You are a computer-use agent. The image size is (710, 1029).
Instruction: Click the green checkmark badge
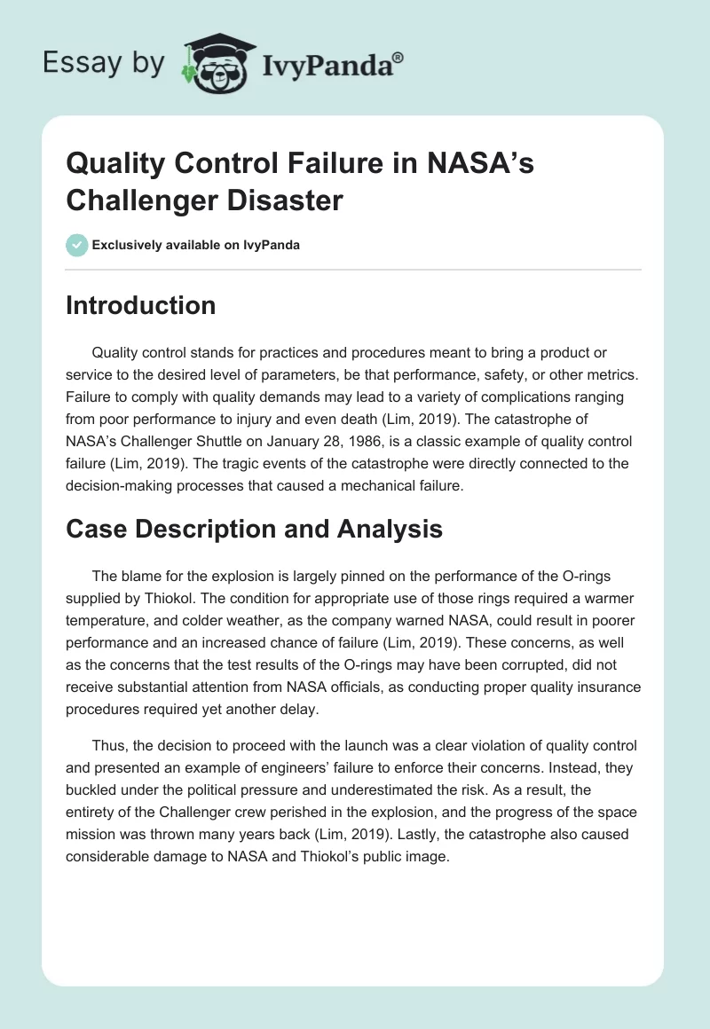pos(78,245)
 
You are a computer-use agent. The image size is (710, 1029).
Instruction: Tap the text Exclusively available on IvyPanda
pos(195,246)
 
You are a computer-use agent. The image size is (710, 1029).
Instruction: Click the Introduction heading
pos(141,306)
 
